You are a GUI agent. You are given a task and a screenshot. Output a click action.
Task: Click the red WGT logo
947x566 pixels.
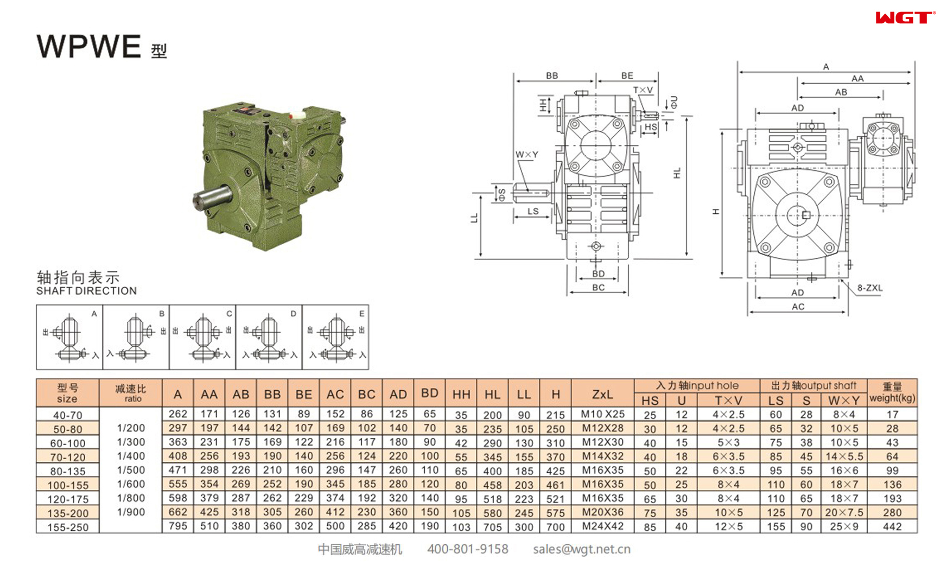click(905, 18)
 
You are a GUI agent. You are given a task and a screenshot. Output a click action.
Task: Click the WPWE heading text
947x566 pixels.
click(89, 47)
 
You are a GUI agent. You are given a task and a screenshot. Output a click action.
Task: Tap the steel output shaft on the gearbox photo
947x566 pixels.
click(212, 196)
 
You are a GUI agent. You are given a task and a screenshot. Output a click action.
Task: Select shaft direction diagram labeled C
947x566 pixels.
click(202, 337)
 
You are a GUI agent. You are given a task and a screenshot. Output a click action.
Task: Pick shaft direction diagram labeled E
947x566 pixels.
click(335, 337)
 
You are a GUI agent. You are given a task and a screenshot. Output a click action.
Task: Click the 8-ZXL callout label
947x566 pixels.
click(869, 288)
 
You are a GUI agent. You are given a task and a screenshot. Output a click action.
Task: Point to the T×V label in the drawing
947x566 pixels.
click(643, 90)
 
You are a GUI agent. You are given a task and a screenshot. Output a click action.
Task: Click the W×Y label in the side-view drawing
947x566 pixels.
click(526, 155)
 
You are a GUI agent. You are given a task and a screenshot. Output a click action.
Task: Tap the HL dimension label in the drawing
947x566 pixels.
click(677, 173)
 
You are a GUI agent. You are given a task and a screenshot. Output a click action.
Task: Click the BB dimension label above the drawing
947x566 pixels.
click(551, 75)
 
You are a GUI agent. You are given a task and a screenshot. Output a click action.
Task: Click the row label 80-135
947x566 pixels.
click(68, 471)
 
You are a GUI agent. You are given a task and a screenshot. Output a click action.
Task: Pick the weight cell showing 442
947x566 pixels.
click(892, 526)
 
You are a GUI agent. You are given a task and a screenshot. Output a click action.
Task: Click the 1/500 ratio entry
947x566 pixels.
click(131, 470)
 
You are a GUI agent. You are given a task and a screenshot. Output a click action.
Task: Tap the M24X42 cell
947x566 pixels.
click(602, 526)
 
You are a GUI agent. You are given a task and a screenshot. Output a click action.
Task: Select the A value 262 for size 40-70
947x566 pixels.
click(177, 414)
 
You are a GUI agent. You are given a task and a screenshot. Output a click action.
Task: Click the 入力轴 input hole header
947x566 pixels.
click(697, 386)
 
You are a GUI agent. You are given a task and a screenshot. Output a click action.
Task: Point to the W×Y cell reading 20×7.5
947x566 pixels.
click(843, 512)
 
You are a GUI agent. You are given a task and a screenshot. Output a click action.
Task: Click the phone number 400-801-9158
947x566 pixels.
click(467, 549)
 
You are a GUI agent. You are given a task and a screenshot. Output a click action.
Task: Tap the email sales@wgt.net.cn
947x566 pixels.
click(581, 549)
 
